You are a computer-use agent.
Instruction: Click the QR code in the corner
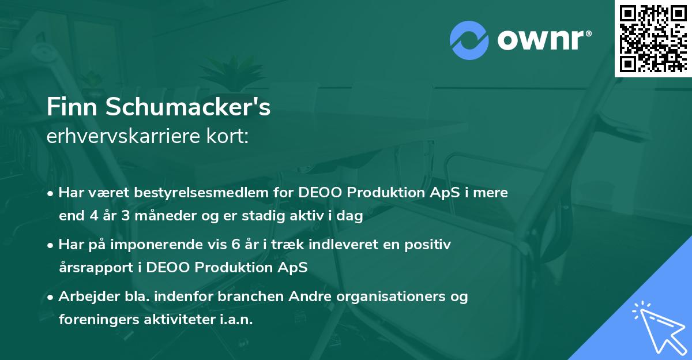(x=653, y=39)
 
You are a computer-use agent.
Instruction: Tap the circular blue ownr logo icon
(x=469, y=40)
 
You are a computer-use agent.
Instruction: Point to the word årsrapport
(x=97, y=268)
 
